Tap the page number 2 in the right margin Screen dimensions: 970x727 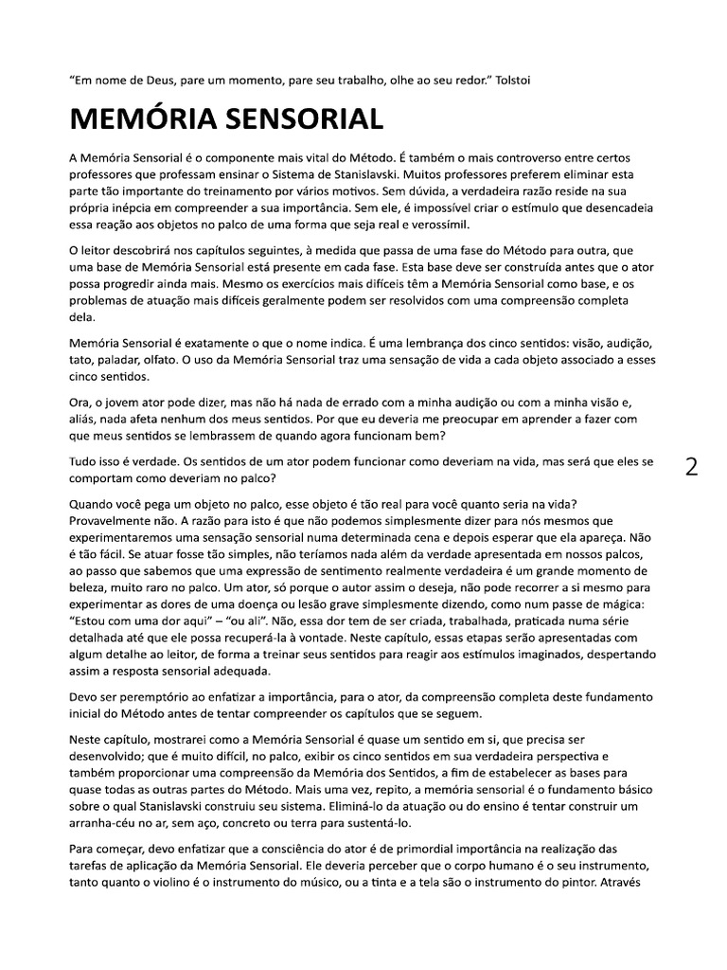click(x=692, y=467)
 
